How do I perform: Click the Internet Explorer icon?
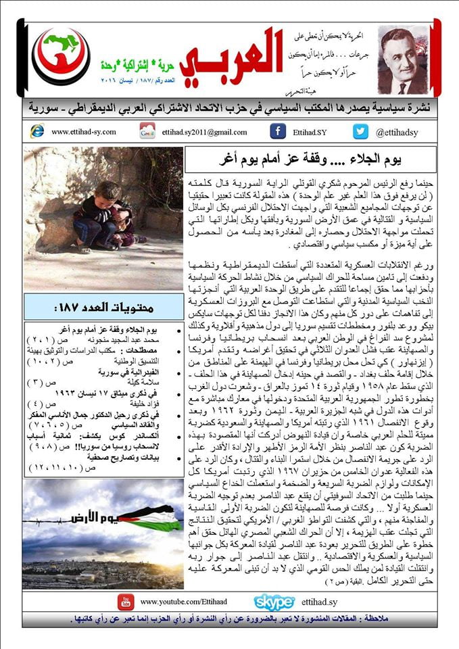click(37, 131)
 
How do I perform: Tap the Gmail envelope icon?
click(147, 131)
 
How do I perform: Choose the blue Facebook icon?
click(277, 131)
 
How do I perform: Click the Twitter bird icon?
click(360, 131)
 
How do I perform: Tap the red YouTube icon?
click(125, 601)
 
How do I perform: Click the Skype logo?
click(274, 602)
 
